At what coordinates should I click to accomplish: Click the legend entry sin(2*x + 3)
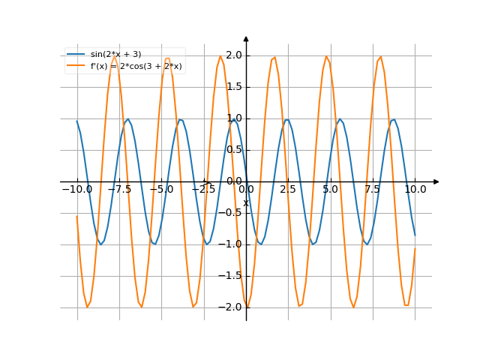pyautogui.click(x=115, y=54)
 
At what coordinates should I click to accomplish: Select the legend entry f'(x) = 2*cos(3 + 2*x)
pyautogui.click(x=136, y=66)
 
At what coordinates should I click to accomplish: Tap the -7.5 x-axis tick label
pyautogui.click(x=119, y=190)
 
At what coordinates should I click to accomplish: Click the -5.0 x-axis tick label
pyautogui.click(x=161, y=190)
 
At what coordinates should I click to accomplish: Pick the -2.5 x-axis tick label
pyautogui.click(x=203, y=190)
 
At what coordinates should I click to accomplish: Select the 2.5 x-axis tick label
pyautogui.click(x=288, y=190)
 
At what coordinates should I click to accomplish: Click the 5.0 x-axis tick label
pyautogui.click(x=331, y=190)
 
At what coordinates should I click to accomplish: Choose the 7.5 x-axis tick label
pyautogui.click(x=373, y=190)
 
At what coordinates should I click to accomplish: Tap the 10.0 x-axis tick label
pyautogui.click(x=415, y=190)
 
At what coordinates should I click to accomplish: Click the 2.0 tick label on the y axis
pyautogui.click(x=233, y=55)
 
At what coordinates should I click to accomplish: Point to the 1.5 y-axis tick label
pyautogui.click(x=233, y=86)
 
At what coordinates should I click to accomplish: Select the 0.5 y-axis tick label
pyautogui.click(x=233, y=149)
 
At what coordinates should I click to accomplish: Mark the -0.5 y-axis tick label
pyautogui.click(x=232, y=212)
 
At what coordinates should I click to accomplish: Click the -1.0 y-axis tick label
pyautogui.click(x=232, y=244)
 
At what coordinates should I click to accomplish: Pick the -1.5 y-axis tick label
pyautogui.click(x=232, y=275)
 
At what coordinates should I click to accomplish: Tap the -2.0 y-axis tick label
pyautogui.click(x=232, y=307)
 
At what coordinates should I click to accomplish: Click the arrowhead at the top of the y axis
pyautogui.click(x=246, y=37)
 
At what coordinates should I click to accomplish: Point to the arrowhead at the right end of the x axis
pyautogui.click(x=436, y=181)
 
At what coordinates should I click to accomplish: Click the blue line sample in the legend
pyautogui.click(x=76, y=54)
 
